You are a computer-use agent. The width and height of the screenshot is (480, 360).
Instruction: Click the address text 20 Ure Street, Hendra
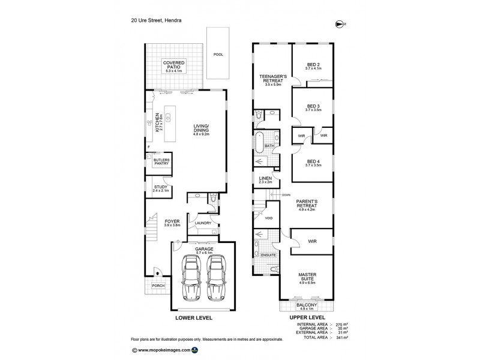(157, 20)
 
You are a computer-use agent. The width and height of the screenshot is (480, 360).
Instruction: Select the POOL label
(218, 55)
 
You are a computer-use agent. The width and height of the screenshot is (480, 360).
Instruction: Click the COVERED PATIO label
(176, 65)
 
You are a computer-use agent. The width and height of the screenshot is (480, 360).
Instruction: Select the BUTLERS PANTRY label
(161, 162)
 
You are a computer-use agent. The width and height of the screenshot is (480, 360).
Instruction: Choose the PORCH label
(158, 286)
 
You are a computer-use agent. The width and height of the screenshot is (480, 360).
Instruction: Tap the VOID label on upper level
(269, 218)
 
